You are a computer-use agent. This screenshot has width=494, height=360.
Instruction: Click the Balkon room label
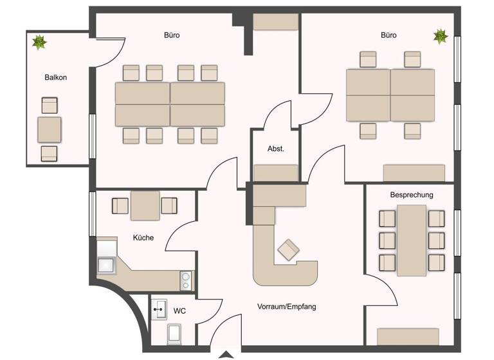pos(56,77)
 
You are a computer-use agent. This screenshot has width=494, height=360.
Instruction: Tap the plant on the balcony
pos(39,42)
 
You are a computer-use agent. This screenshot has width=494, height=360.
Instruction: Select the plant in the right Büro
pos(440,36)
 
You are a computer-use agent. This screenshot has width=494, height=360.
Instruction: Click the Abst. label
pos(275,148)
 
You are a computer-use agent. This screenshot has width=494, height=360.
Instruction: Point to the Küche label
pos(143,237)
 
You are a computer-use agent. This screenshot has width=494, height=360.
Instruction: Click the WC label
pos(179,311)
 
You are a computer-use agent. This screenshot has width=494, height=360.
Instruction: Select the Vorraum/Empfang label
pos(286,307)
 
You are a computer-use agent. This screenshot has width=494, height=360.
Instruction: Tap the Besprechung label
pos(412,194)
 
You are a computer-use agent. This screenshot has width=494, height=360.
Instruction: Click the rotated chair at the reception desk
pos(288,249)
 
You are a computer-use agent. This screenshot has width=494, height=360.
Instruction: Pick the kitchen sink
pos(106,264)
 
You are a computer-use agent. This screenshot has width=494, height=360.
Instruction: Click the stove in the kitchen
pos(185,280)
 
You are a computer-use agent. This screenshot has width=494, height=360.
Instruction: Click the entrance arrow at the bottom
pos(226,355)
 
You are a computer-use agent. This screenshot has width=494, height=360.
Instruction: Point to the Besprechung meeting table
pos(412,240)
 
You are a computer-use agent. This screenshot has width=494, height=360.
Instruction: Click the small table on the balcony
pos(50,129)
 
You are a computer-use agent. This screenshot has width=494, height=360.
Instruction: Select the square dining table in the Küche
pos(145,206)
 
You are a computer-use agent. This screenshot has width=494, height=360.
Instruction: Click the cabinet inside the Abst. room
pos(276,173)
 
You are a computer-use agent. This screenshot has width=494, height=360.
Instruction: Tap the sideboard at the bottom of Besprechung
pos(408,336)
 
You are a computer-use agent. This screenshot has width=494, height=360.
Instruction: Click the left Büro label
pos(172,35)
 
